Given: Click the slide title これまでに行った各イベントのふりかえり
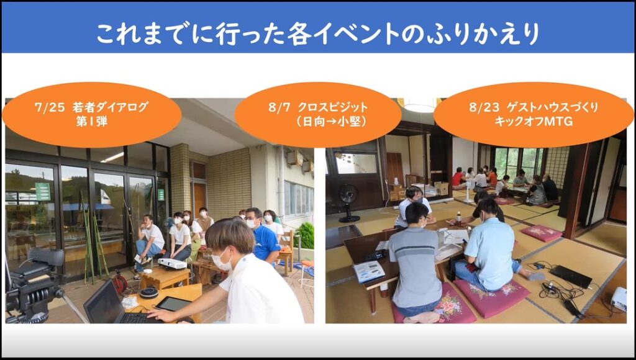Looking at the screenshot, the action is click(318, 34).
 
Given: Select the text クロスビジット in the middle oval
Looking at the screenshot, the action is click(333, 107).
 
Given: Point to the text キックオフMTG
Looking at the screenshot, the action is click(534, 121).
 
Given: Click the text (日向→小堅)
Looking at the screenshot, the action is click(330, 121).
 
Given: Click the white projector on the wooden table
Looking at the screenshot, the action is click(172, 264).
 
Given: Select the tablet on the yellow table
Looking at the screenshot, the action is click(173, 304).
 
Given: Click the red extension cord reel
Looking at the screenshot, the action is click(120, 282).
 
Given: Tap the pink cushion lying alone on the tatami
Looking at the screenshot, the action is click(541, 233).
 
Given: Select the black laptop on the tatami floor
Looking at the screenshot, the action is click(571, 276).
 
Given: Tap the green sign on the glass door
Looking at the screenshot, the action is click(43, 191).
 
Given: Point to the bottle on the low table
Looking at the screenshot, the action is click(459, 218).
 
